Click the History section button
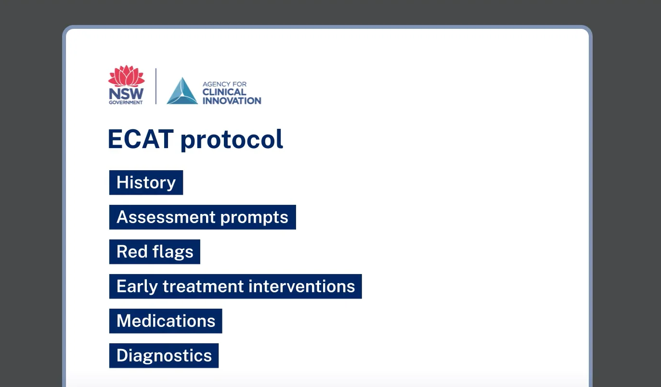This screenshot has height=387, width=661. coord(146,183)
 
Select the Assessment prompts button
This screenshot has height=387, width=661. coord(202,217)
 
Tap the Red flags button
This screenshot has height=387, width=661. coord(155,252)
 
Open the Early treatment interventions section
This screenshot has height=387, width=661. coord(235,287)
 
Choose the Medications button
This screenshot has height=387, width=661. coord(166,321)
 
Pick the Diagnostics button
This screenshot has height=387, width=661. coord(164,356)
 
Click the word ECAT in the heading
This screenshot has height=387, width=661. coord(140,139)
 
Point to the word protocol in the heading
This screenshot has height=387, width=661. coord(232,140)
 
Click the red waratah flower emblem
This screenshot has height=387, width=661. coord(126,76)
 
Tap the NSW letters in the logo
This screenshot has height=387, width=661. coord(126,94)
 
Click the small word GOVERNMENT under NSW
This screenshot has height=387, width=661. coord(126,102)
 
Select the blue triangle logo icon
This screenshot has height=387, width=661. coord(182,91)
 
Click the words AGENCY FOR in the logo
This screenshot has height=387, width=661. coord(224,84)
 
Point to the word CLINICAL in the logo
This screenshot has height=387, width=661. coord(224,92)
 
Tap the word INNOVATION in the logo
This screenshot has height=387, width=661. coord(232,100)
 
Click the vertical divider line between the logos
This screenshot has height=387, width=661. coord(156,86)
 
